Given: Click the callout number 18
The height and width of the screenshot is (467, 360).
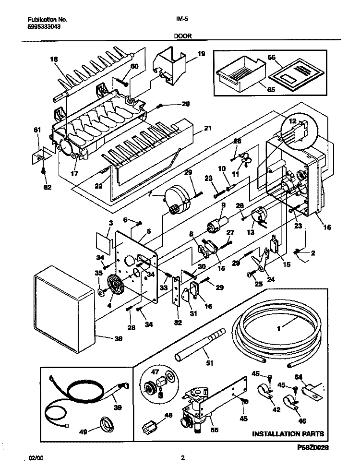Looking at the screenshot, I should pos(53,59).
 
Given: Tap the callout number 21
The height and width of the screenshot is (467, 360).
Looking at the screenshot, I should pos(207,128).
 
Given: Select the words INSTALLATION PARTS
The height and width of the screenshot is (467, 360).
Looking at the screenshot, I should pos(288,434).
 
